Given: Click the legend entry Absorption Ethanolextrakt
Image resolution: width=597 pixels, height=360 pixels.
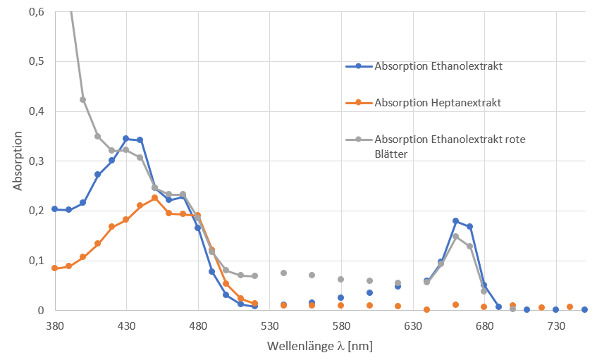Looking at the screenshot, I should (x=438, y=66).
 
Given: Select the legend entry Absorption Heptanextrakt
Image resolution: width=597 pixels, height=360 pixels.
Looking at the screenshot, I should (x=438, y=103).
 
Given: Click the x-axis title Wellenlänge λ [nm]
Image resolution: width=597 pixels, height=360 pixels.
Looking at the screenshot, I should (x=319, y=346).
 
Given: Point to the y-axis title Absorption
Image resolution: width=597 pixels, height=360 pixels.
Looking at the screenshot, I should (x=17, y=161).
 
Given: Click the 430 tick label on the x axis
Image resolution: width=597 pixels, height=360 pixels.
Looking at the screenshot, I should (x=126, y=326).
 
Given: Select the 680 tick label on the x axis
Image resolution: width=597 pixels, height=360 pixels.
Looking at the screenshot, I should (x=485, y=326).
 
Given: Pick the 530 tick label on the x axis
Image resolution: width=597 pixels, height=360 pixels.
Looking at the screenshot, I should (x=270, y=326).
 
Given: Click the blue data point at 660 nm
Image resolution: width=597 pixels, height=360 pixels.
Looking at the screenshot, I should (x=456, y=221).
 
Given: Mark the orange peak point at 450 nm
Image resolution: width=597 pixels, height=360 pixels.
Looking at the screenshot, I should (x=155, y=198).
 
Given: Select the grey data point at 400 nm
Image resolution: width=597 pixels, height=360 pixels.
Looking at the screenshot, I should (x=83, y=99).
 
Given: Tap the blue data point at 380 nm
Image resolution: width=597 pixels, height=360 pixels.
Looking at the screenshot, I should (x=54, y=209).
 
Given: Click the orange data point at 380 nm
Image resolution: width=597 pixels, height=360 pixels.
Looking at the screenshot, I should (x=54, y=268).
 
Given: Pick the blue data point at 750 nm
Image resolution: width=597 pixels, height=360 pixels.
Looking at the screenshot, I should (x=585, y=309).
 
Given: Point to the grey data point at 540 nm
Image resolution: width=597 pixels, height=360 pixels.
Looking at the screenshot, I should (x=284, y=273).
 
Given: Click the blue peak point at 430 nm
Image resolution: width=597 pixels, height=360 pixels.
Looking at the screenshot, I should (x=126, y=139).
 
